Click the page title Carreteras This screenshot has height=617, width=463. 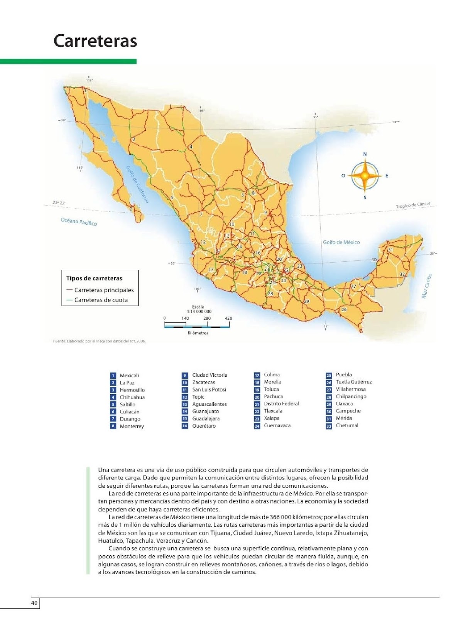click(x=95, y=41)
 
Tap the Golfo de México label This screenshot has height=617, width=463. click(x=341, y=242)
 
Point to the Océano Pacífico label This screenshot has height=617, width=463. click(x=79, y=222)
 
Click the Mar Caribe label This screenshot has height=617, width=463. click(x=426, y=286)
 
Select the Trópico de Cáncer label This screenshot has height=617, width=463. click(x=412, y=206)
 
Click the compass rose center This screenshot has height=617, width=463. click(x=365, y=176)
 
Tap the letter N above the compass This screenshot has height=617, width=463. click(x=365, y=154)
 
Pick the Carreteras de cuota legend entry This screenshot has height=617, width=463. click(x=101, y=300)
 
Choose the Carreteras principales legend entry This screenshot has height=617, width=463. click(x=104, y=290)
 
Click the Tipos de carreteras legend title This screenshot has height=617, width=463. click(x=94, y=278)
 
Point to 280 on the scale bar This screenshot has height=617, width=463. click(x=207, y=319)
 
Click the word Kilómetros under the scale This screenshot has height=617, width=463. click(x=198, y=333)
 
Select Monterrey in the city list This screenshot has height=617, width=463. click(x=132, y=427)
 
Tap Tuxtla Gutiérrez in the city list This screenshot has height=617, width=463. click(x=353, y=382)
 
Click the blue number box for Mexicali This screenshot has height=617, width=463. click(x=113, y=376)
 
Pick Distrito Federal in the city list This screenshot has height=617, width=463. click(x=281, y=404)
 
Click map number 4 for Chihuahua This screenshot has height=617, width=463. click(x=191, y=147)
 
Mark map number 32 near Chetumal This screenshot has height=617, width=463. click(x=402, y=274)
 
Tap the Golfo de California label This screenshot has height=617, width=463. click(x=137, y=184)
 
